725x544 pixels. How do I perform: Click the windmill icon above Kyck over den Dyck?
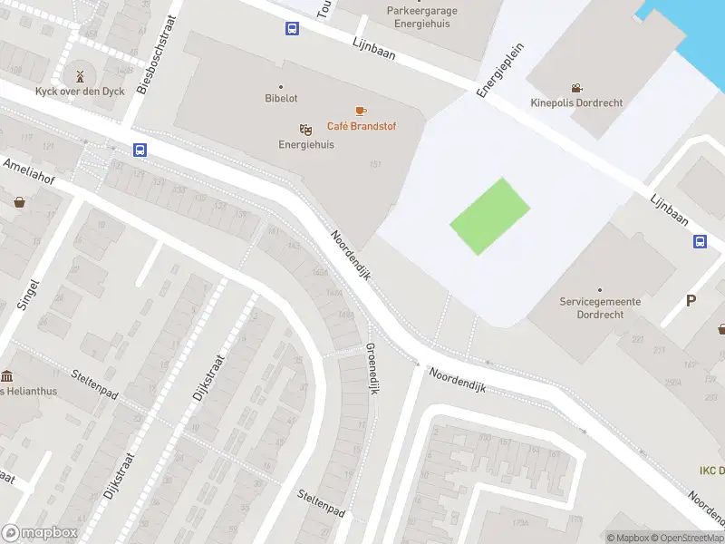[x=79, y=75]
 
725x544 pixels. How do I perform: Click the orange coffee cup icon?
[x=361, y=111]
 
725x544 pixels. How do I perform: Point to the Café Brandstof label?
[x=362, y=126]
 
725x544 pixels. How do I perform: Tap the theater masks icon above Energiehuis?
[x=306, y=130]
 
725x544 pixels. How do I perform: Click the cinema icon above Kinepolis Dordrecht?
[x=576, y=88]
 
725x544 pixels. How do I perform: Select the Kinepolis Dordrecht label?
[x=576, y=103]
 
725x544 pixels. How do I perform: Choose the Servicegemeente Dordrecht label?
[x=600, y=307]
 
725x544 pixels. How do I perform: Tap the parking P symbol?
[x=691, y=301]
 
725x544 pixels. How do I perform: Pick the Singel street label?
[x=28, y=294]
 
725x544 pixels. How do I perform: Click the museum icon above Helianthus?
[x=7, y=375]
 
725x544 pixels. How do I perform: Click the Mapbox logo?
[x=39, y=533]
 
